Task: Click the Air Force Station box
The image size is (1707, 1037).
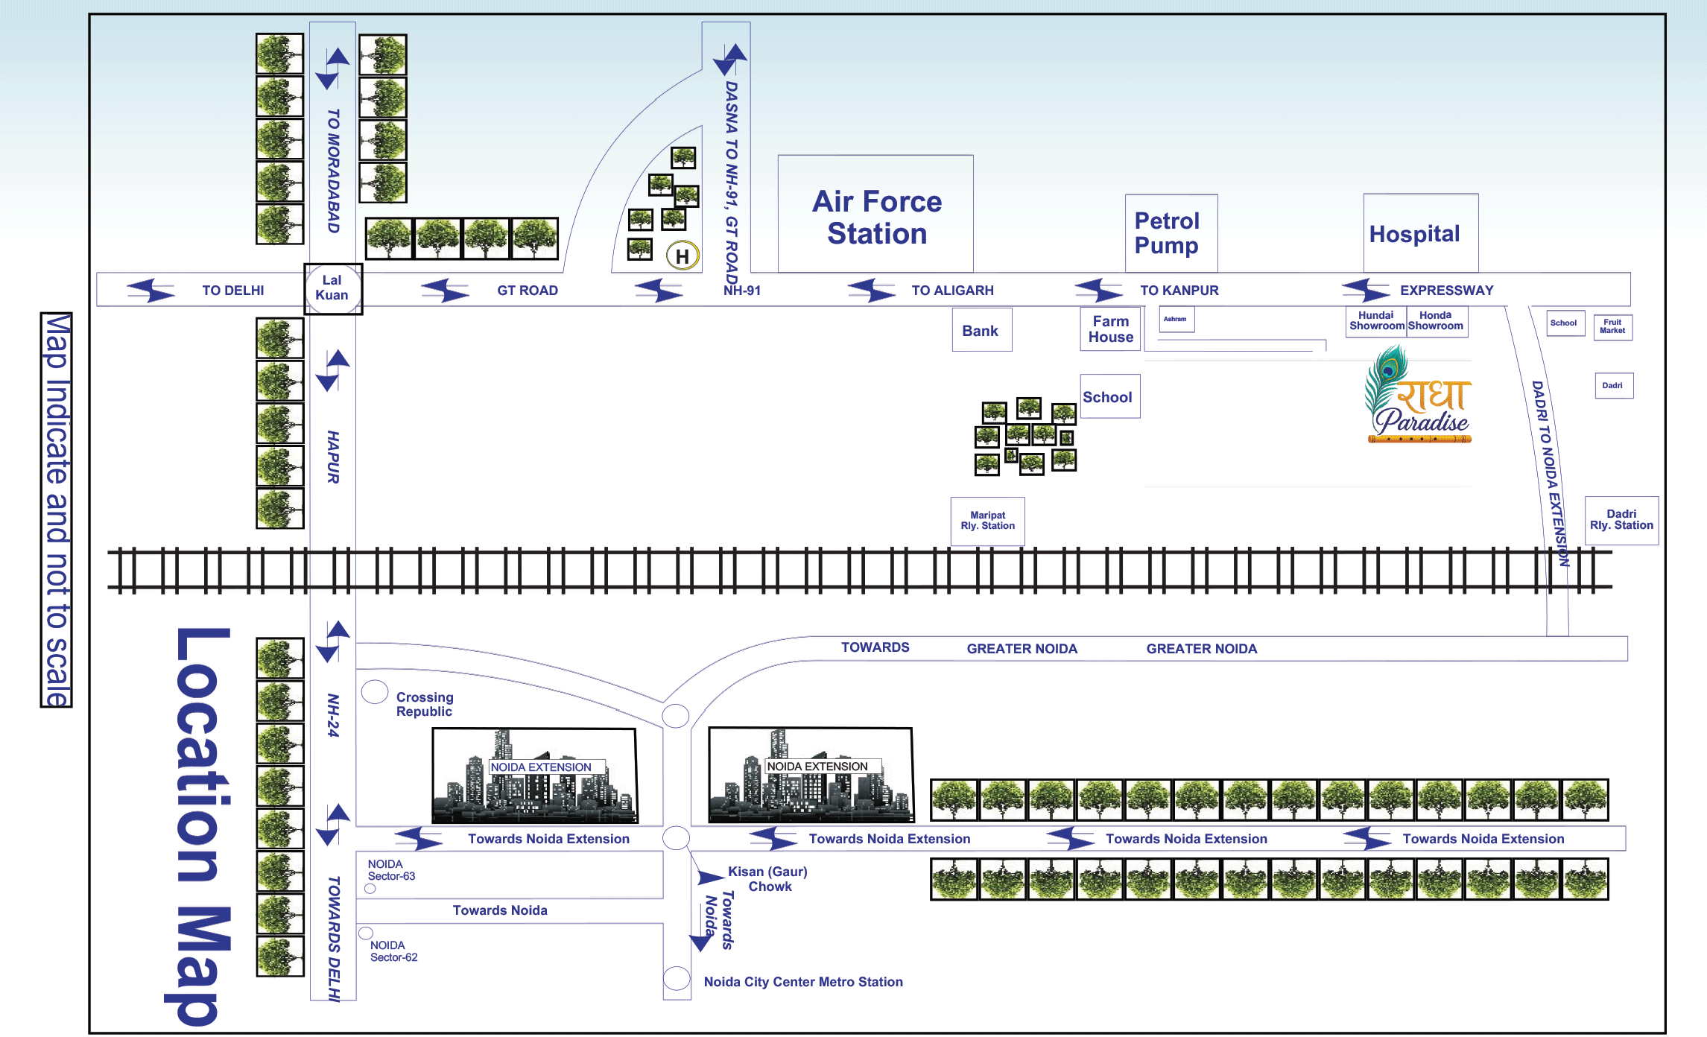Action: (x=876, y=217)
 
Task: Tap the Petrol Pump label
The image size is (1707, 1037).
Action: (x=1167, y=232)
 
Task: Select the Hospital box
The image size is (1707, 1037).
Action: (x=1414, y=234)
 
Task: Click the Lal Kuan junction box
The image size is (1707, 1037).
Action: (x=332, y=288)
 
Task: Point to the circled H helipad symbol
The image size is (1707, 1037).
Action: (x=682, y=256)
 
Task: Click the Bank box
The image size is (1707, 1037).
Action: (x=981, y=331)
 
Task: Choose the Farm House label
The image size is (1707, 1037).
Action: (x=1110, y=329)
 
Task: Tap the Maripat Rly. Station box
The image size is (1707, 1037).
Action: (x=987, y=521)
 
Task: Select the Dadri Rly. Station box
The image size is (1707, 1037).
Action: (x=1621, y=520)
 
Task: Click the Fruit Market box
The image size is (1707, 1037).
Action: (x=1612, y=327)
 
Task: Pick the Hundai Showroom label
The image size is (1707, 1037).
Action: (x=1376, y=321)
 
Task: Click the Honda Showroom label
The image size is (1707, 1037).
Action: (x=1436, y=321)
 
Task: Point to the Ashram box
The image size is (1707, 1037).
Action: (x=1176, y=320)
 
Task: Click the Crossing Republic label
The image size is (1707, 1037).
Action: (x=424, y=704)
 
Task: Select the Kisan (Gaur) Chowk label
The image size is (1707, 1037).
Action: (x=768, y=879)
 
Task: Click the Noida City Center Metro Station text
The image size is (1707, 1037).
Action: (x=803, y=982)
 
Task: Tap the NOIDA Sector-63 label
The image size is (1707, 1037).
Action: (x=391, y=870)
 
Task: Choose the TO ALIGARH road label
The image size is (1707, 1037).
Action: (x=952, y=291)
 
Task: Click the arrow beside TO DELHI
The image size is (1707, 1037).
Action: (x=151, y=290)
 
